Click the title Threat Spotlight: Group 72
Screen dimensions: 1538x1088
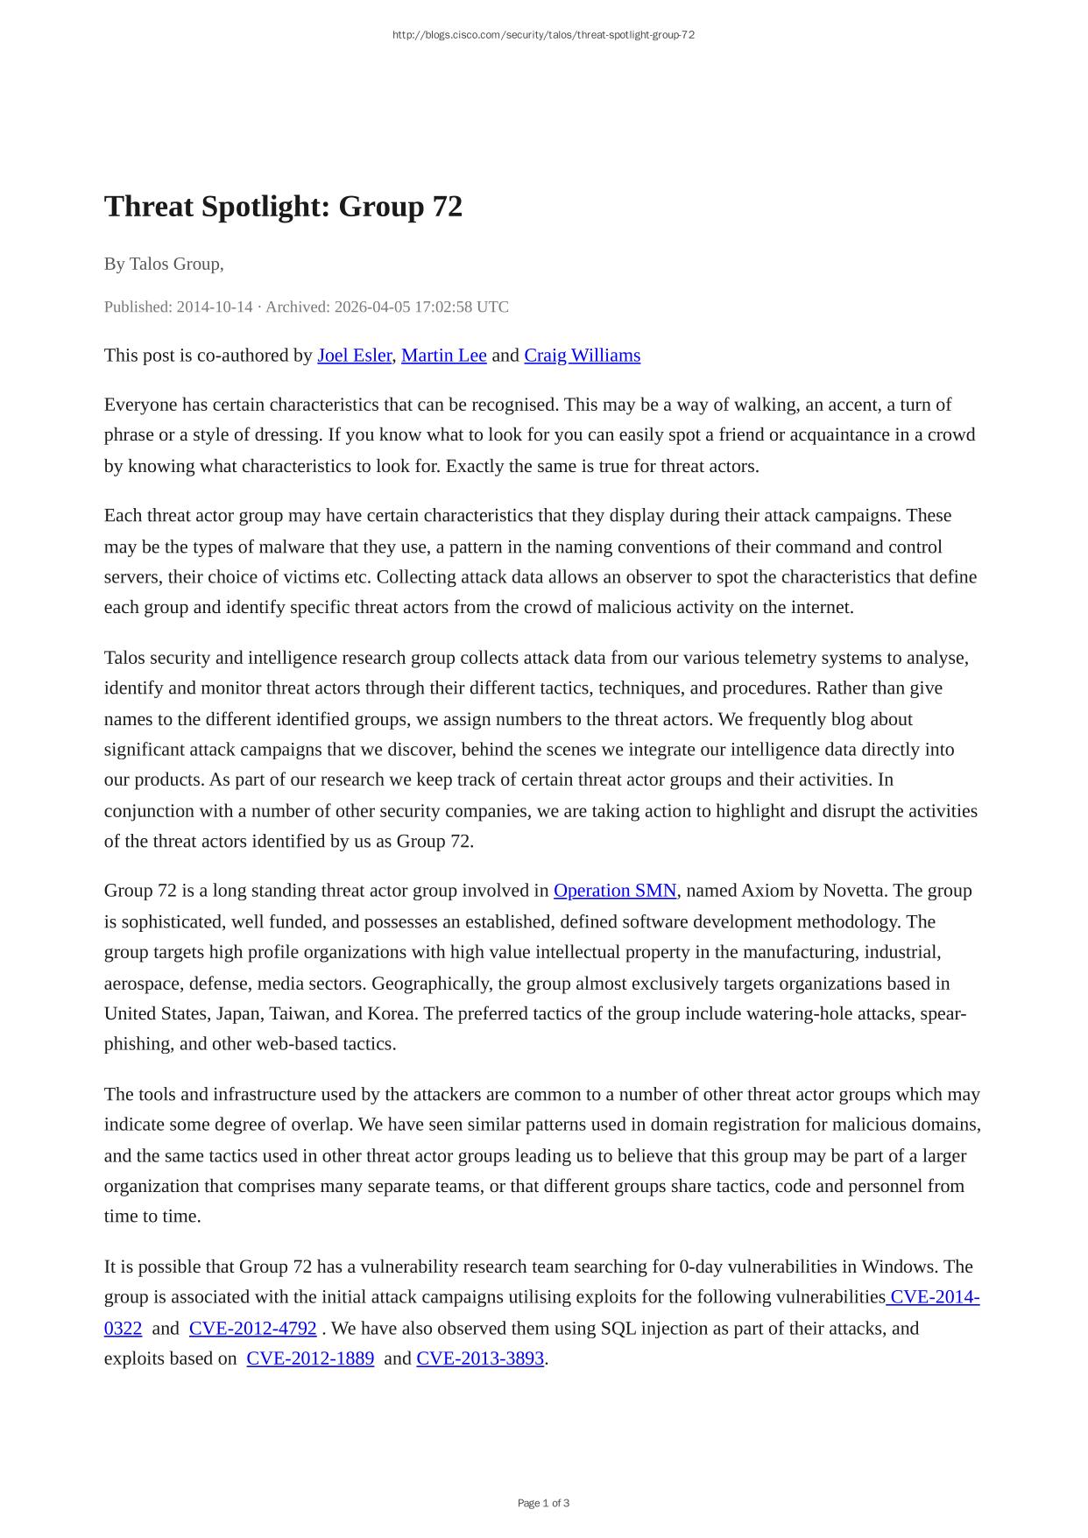point(283,207)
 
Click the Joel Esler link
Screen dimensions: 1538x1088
point(354,356)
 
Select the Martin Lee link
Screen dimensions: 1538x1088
point(443,356)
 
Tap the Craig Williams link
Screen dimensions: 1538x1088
point(582,356)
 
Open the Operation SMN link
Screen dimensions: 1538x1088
point(615,891)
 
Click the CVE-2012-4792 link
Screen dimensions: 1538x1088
point(252,1329)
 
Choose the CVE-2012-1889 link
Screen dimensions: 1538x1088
point(310,1359)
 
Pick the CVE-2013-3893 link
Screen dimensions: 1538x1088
point(480,1359)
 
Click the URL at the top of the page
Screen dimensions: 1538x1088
point(543,35)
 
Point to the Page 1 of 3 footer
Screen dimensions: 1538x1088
point(543,1503)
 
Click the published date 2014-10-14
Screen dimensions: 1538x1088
point(215,307)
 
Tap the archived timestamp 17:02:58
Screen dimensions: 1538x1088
point(442,307)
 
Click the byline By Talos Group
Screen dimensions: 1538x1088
point(163,264)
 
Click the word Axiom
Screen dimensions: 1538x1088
point(767,891)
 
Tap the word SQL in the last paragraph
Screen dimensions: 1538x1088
point(618,1329)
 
